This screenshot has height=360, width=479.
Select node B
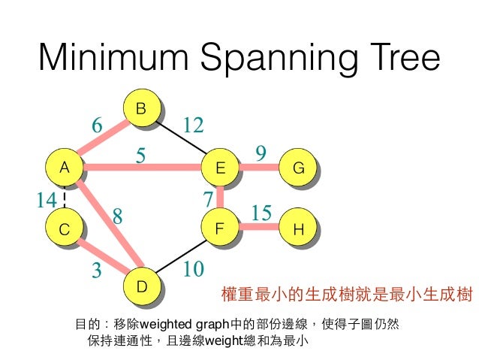click(140, 110)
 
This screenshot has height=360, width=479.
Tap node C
click(65, 230)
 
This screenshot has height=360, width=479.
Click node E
click(220, 168)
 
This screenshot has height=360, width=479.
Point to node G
click(298, 168)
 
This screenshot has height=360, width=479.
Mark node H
click(298, 230)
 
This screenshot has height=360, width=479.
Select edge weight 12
click(193, 125)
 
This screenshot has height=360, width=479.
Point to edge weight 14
click(47, 200)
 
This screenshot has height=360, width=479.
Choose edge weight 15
click(261, 214)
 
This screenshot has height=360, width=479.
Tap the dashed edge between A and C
click(65, 198)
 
